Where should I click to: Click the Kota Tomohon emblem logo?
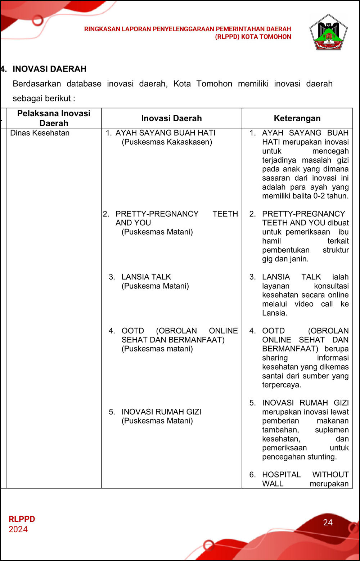click(x=328, y=33)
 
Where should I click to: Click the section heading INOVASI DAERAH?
click(x=49, y=69)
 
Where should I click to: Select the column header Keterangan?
click(x=297, y=118)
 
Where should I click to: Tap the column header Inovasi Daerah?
click(x=171, y=118)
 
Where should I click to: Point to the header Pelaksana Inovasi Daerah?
click(x=54, y=118)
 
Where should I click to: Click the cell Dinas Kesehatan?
click(x=40, y=133)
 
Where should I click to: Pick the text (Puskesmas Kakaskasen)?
click(x=167, y=142)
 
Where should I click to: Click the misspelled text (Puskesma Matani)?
click(x=155, y=286)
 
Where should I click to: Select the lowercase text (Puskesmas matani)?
click(x=157, y=349)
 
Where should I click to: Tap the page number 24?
click(x=328, y=522)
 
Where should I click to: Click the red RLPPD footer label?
click(x=22, y=519)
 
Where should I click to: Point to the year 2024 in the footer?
click(x=18, y=529)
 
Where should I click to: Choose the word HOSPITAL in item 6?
click(x=281, y=475)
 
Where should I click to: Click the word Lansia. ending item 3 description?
click(x=275, y=313)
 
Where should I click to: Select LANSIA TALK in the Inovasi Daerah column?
click(x=146, y=277)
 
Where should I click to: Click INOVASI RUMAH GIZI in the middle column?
click(x=161, y=412)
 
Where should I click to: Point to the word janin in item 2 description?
click(x=299, y=259)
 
